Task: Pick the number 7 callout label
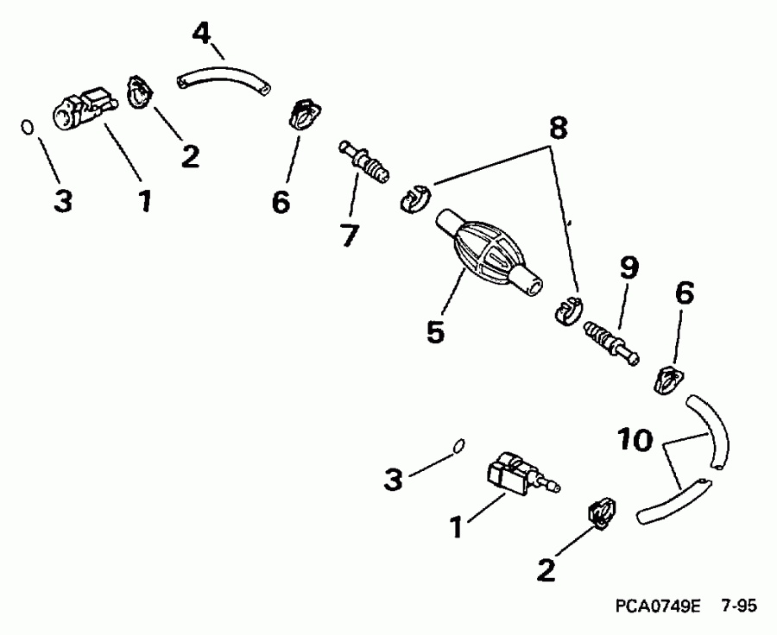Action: click(350, 234)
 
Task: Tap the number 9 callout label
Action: click(628, 269)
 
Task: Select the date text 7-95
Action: click(739, 607)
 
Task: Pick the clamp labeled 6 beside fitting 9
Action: click(669, 380)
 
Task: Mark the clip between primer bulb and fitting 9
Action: click(567, 310)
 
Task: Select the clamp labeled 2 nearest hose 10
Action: click(600, 511)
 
